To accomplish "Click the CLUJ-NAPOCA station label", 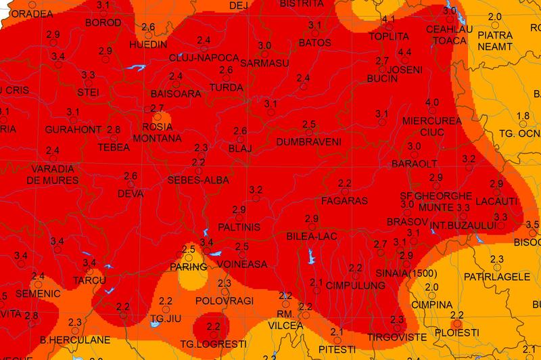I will pyautogui.click(x=204, y=58).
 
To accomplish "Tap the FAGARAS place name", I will pyautogui.click(x=344, y=201).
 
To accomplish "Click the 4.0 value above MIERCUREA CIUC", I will pyautogui.click(x=432, y=102).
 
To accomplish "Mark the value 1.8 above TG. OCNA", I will pyautogui.click(x=522, y=116).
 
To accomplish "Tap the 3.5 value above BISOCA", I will pyautogui.click(x=532, y=224).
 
